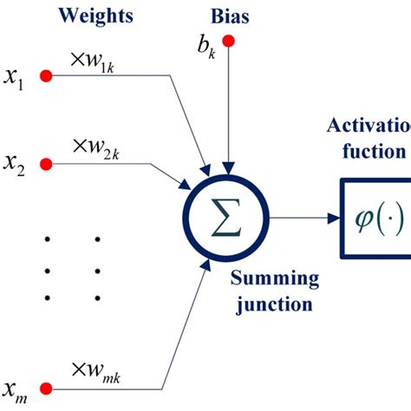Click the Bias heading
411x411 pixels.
[228, 16]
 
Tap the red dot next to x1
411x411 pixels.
[47, 77]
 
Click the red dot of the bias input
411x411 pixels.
[228, 40]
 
